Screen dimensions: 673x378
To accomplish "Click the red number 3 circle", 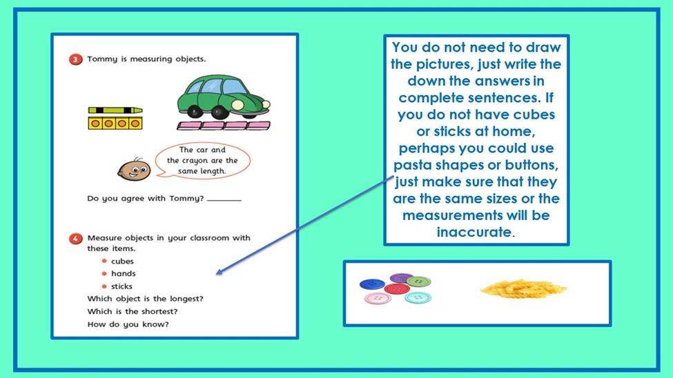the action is point(75,59).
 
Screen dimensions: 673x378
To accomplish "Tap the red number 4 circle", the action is point(75,239).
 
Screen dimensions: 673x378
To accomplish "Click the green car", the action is point(224,97).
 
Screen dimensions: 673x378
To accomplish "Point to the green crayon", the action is point(115,110).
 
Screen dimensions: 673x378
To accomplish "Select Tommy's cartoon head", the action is point(134,170).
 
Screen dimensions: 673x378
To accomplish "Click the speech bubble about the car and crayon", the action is point(202,161).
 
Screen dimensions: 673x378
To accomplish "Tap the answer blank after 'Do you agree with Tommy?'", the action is point(224,200).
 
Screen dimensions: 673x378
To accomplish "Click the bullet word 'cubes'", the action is point(122,261).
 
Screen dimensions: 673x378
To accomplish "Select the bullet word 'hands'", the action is point(123,274).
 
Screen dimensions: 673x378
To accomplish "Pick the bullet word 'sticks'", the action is point(121,286).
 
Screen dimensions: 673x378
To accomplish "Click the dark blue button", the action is point(372,284).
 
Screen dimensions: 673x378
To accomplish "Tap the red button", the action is point(397,289).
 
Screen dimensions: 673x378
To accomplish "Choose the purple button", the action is point(400,278).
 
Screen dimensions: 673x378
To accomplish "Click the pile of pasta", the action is point(523,289).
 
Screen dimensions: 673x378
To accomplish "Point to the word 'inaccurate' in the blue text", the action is point(474,232).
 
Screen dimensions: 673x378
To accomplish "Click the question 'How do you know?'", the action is point(128,324).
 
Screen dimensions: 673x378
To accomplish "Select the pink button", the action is point(378,298).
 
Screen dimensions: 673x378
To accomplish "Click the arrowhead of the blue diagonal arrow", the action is point(219,272).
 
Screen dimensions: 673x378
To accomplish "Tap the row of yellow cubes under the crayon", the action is point(115,123).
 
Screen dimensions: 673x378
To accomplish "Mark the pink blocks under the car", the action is point(224,126).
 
